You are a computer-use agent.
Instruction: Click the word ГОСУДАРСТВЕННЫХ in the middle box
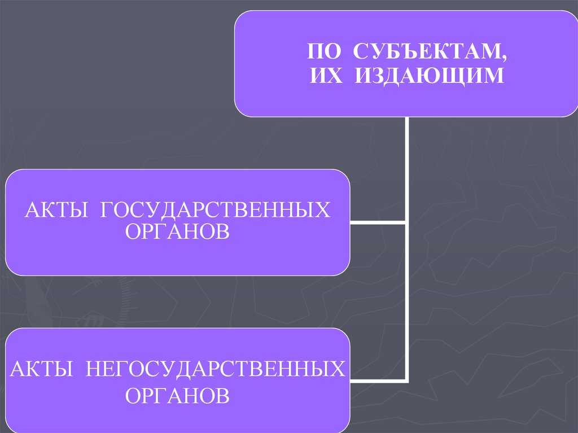click(216, 209)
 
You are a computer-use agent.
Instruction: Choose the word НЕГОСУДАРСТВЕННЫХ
click(215, 369)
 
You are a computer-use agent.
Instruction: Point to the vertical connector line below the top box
click(406, 169)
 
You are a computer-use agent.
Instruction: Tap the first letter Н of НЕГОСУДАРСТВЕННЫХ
click(93, 369)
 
